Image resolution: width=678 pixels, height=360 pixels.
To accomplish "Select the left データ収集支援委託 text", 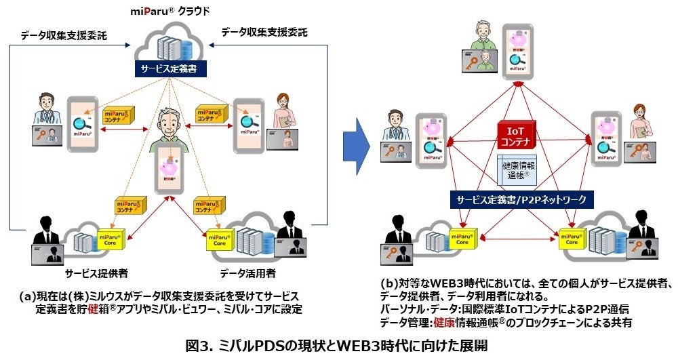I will pos(64,35).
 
